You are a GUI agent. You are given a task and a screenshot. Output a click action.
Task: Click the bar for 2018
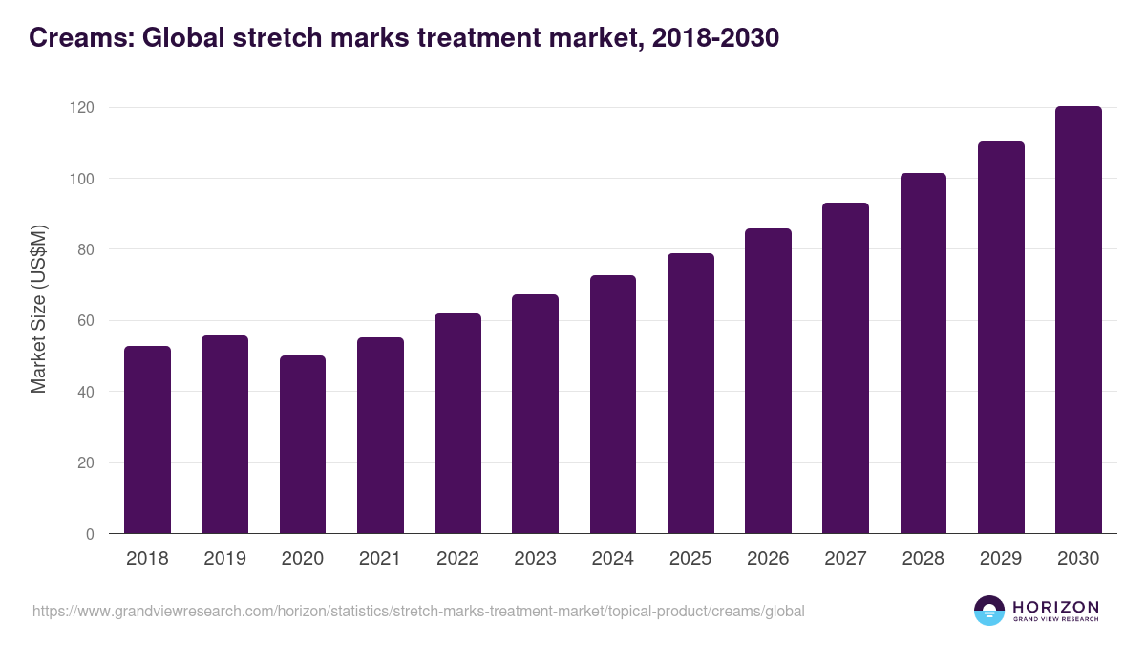click(147, 440)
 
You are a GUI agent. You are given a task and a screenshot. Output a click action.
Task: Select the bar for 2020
click(303, 444)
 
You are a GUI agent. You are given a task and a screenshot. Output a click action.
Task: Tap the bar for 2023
click(535, 414)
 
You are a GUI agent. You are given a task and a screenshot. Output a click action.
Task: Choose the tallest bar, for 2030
click(1078, 320)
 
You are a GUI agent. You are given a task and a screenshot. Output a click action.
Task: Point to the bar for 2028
click(923, 354)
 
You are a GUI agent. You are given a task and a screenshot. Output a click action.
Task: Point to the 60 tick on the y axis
click(86, 321)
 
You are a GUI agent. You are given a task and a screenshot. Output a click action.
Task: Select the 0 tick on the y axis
click(90, 534)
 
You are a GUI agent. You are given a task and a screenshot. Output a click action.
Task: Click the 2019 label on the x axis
click(224, 559)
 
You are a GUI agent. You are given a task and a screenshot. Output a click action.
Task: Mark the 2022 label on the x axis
click(457, 559)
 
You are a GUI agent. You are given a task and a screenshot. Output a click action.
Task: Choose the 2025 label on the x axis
click(690, 559)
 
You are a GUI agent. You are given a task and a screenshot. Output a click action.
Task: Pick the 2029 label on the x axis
click(1001, 559)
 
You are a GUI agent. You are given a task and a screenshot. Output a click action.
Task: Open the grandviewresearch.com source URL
click(418, 611)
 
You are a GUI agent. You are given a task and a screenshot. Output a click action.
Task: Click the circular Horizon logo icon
click(989, 611)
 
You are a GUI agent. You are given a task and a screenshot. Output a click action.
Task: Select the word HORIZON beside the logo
click(1055, 606)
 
